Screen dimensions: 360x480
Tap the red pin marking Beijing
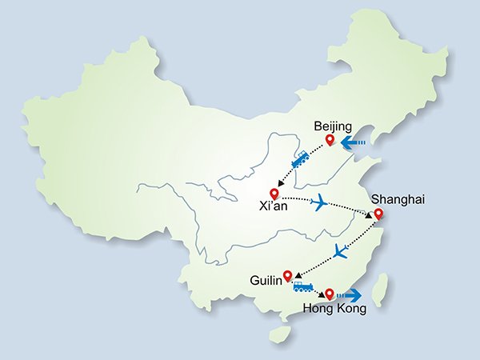pos(329,142)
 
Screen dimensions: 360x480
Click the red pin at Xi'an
pos(275,193)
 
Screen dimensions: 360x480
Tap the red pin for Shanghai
pos(378,214)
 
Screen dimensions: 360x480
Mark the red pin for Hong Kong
pos(329,294)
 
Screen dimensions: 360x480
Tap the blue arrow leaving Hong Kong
pos(350,295)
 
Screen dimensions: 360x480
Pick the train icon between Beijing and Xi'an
pos(301,160)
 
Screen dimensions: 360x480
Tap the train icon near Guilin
pos(303,286)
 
